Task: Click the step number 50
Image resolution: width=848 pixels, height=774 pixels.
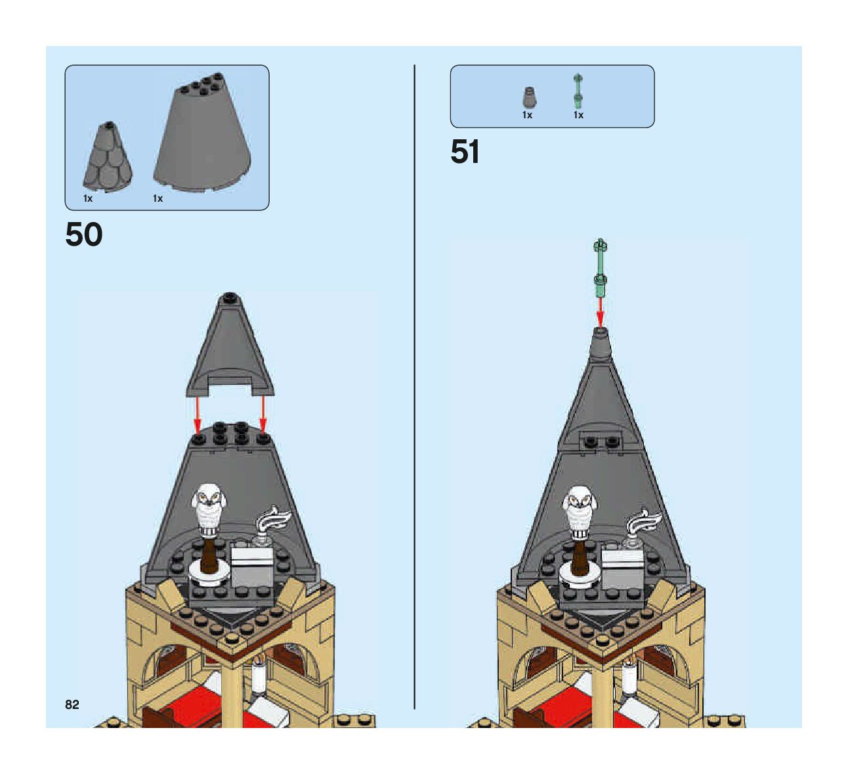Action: pyautogui.click(x=84, y=235)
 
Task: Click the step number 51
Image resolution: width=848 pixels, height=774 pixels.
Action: pyautogui.click(x=465, y=152)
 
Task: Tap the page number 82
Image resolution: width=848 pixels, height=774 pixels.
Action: pyautogui.click(x=72, y=704)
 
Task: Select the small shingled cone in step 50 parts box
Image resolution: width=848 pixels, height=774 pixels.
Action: pyautogui.click(x=107, y=156)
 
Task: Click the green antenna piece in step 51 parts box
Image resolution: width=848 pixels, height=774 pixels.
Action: pyautogui.click(x=578, y=91)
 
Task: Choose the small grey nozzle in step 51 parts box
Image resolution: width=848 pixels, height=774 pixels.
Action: pyautogui.click(x=529, y=98)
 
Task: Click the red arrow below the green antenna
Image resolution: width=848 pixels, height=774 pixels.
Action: pyautogui.click(x=600, y=311)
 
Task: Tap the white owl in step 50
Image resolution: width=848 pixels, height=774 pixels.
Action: pyautogui.click(x=209, y=503)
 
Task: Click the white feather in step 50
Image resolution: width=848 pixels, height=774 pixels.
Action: pyautogui.click(x=274, y=518)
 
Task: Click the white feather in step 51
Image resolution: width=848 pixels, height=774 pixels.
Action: pyautogui.click(x=645, y=521)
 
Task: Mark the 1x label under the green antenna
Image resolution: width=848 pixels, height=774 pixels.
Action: pyautogui.click(x=578, y=115)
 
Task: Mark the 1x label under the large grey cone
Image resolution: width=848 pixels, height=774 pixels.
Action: pyautogui.click(x=158, y=198)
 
